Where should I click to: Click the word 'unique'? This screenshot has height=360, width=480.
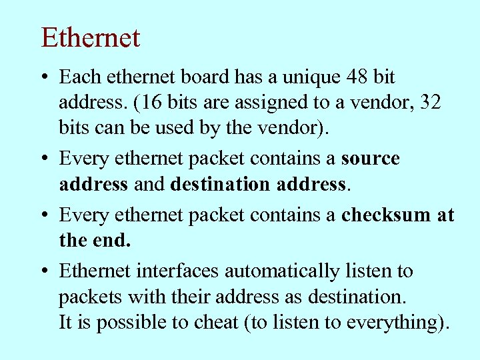pos(309,77)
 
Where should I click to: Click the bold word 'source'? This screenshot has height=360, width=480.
pos(370,159)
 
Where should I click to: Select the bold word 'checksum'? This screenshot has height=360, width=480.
pos(385,215)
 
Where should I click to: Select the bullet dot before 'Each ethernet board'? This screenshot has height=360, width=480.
pos(43,78)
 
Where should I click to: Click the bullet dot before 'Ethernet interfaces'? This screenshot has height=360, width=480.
pos(43,272)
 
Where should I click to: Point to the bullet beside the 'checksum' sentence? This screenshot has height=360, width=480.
pos(43,215)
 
